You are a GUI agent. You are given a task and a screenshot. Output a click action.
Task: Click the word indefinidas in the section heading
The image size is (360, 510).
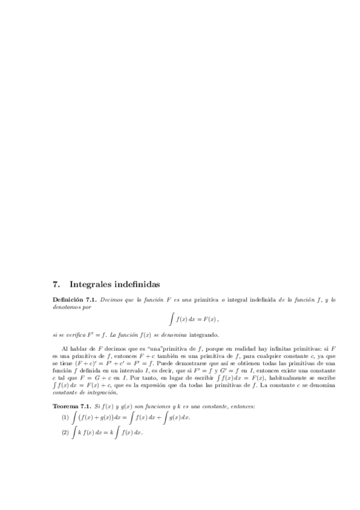[x=138, y=283]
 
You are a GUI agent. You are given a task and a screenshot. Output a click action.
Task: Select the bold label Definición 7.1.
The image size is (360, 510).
[x=75, y=299]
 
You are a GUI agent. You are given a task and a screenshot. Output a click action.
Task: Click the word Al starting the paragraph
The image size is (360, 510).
[x=65, y=348]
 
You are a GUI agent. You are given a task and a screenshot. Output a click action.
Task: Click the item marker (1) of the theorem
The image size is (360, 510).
[x=65, y=417]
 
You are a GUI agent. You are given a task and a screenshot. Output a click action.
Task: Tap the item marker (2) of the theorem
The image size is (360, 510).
[x=65, y=433]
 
